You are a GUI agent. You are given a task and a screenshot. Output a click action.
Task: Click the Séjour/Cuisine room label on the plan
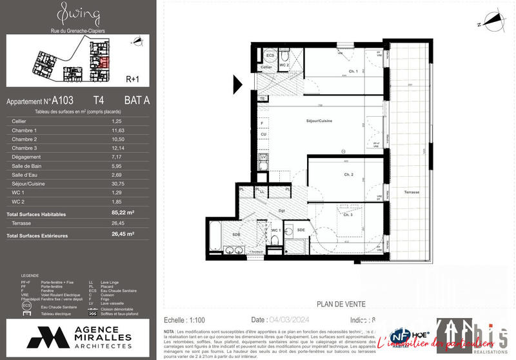319,121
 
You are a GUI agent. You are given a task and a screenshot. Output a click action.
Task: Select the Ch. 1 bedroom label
353,71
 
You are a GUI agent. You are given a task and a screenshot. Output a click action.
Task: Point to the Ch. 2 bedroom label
348,175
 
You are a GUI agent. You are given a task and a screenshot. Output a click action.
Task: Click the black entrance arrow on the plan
237,83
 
